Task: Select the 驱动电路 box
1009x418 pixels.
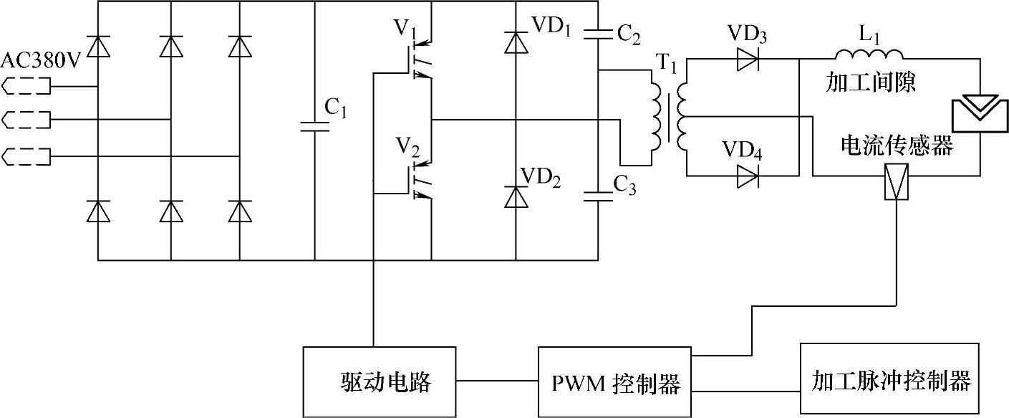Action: pos(379,381)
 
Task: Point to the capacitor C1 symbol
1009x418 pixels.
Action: pos(314,127)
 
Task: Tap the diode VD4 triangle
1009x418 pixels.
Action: pos(748,176)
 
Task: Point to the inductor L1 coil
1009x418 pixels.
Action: pos(869,54)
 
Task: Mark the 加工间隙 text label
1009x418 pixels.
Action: pos(870,83)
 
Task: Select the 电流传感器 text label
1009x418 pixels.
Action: pos(897,146)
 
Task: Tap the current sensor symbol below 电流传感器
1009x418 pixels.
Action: pos(897,182)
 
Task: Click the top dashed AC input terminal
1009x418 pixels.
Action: pos(27,87)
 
